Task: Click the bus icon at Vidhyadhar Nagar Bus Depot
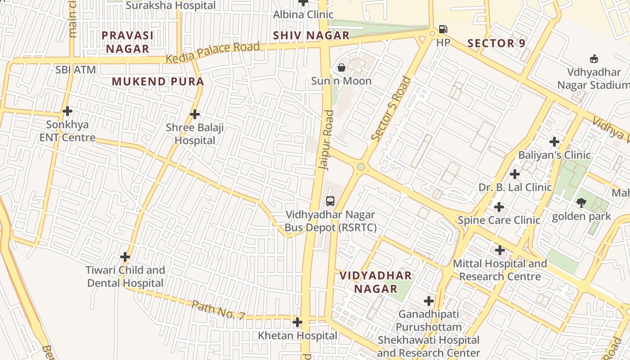pos(330,201)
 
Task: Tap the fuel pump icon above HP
pos(443,30)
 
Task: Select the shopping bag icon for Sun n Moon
pos(342,68)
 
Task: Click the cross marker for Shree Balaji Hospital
pos(195,114)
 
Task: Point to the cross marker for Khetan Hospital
pos(297,322)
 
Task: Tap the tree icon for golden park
pos(581,203)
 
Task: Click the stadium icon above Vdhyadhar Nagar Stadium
pos(594,58)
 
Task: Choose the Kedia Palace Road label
pos(212,53)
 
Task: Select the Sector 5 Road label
pos(391,109)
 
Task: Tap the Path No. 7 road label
pos(218,310)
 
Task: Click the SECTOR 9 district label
pos(497,44)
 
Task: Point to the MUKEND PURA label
pos(158,82)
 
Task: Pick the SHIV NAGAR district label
pos(311,36)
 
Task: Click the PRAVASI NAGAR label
pos(127,42)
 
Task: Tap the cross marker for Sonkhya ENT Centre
pos(67,111)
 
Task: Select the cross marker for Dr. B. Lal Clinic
pos(515,174)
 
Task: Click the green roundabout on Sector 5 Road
pos(361,167)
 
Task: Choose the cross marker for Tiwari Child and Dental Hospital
pos(125,257)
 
